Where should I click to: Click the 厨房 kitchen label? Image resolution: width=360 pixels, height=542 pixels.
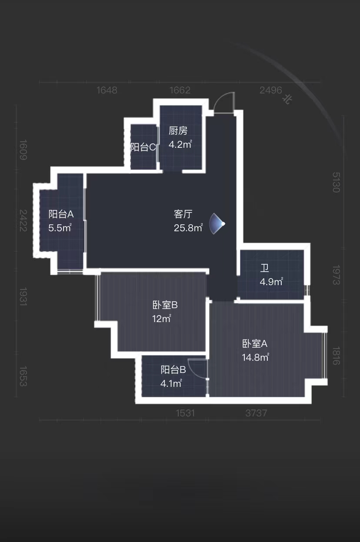pos(178,131)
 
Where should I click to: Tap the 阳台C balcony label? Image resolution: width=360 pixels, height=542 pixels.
pos(143,147)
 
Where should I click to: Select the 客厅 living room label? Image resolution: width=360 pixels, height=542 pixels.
pos(183,214)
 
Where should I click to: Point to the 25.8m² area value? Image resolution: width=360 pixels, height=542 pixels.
pos(188,228)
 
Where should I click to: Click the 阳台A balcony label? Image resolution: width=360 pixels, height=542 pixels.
pos(61,214)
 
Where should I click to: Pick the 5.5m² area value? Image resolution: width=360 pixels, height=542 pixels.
pos(60,228)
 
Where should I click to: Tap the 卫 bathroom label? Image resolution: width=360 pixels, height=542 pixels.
pos(264,268)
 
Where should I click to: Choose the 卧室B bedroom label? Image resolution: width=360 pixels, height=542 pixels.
pos(165,305)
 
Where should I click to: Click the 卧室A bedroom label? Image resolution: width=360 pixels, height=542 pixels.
pos(255,344)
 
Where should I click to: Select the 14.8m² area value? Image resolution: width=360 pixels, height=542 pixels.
pos(256,357)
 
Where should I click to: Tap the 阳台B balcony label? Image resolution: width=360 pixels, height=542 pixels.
pos(173,370)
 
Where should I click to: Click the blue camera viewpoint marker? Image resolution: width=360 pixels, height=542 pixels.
pos(217,224)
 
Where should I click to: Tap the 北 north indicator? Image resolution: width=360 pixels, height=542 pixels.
pos(287,99)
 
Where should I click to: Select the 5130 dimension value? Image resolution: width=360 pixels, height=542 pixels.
pos(336,183)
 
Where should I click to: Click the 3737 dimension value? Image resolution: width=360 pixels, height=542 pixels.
pos(256,413)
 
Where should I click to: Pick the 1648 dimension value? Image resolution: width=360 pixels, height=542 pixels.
pos(107,90)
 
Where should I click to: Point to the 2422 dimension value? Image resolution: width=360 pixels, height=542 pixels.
pos(23,220)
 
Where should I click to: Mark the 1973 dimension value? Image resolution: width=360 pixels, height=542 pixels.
pos(336,275)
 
